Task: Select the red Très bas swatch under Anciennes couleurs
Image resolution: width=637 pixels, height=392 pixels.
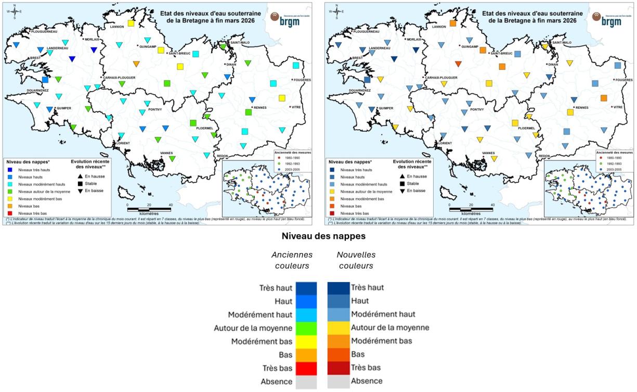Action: [x=306, y=368]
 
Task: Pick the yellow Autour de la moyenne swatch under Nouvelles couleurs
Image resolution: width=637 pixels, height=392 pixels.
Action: [x=338, y=328]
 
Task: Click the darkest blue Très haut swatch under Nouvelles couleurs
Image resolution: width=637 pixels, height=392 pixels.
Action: [x=338, y=288]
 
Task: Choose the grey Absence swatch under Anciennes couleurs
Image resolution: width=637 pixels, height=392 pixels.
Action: [x=306, y=382]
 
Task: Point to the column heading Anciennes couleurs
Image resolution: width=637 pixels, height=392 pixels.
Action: [x=292, y=260]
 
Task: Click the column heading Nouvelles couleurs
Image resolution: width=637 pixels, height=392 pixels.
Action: [x=356, y=260]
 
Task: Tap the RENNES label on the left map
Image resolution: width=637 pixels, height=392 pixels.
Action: [x=261, y=107]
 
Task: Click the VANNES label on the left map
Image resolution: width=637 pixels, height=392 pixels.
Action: [x=169, y=153]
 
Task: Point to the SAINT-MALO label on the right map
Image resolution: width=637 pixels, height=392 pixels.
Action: [x=562, y=42]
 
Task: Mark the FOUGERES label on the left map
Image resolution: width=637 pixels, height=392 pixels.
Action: [x=302, y=80]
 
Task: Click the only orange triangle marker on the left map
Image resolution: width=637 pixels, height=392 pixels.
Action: [x=136, y=64]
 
